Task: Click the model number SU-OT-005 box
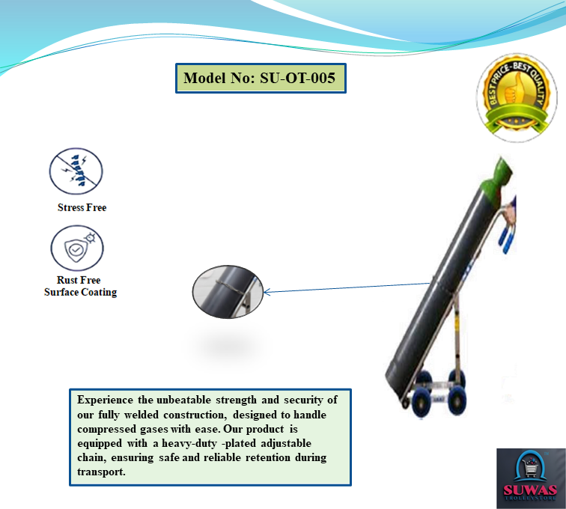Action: click(261, 78)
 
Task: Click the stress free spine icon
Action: click(76, 171)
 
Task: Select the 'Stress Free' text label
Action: click(82, 207)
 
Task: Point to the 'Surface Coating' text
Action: click(80, 292)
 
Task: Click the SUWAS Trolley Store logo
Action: click(529, 477)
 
